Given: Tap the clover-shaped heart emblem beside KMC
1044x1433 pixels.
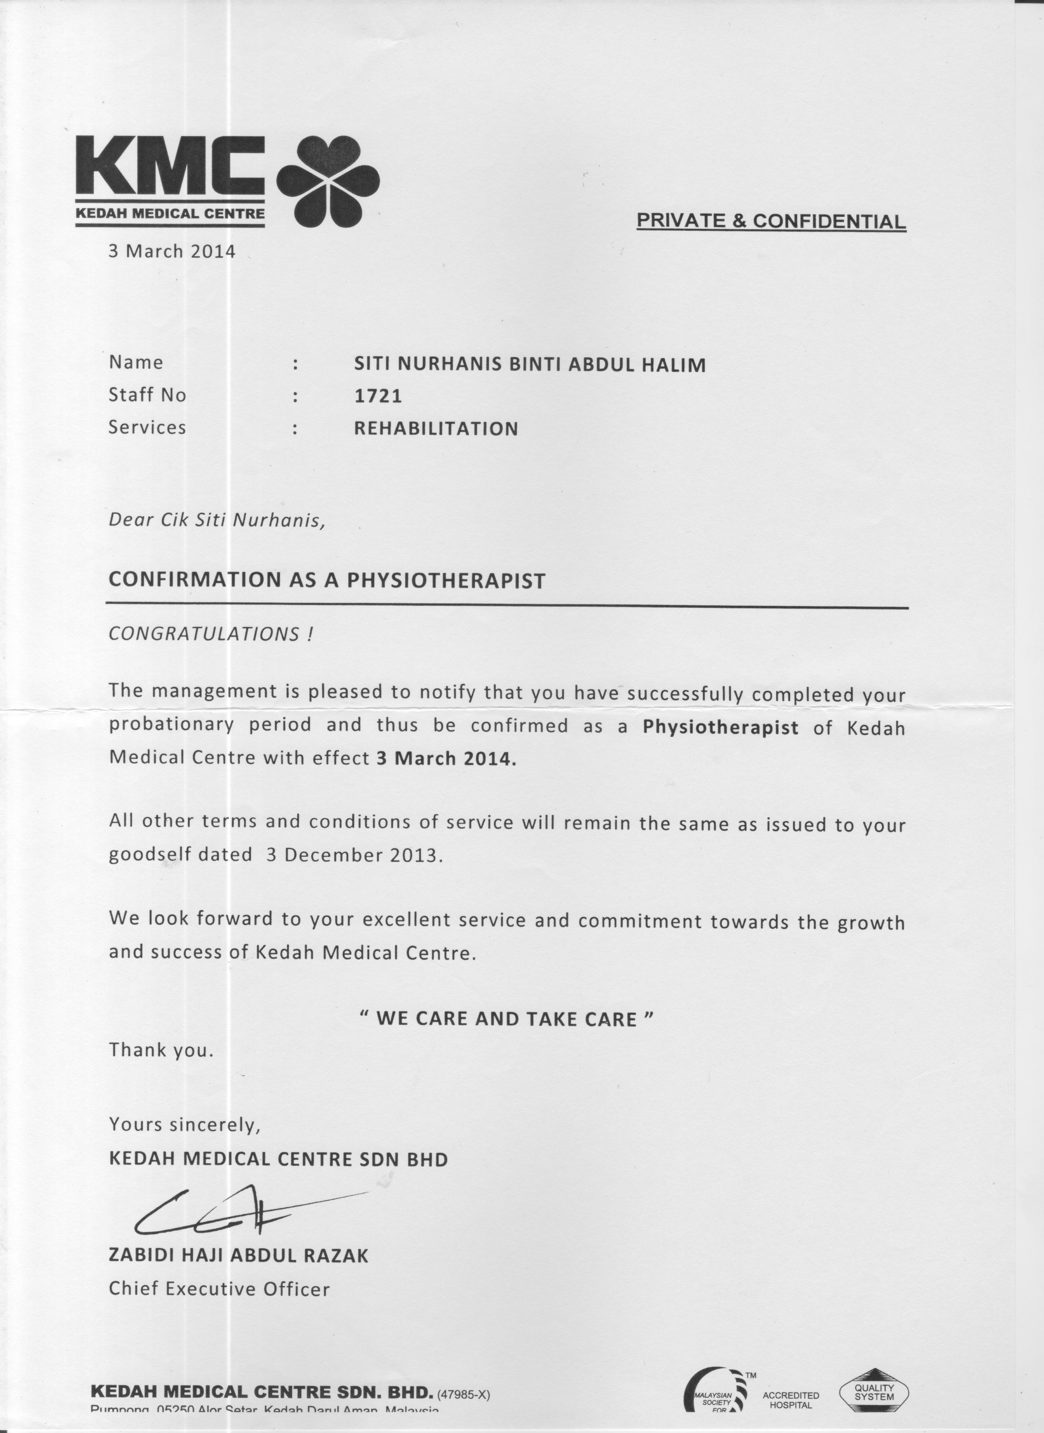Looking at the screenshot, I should tap(328, 181).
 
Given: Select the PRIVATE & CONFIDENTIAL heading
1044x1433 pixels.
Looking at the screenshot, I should tap(771, 221).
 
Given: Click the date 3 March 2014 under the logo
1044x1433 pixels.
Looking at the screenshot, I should tap(171, 251).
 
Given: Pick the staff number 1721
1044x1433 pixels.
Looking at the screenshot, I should tap(377, 396).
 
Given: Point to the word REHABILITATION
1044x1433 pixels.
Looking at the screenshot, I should tap(436, 429).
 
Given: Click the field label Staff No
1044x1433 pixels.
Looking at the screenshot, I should tap(147, 395).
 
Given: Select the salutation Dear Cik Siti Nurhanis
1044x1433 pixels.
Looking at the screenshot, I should tap(217, 520).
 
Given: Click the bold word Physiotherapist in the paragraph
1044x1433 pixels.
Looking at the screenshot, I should tap(721, 727).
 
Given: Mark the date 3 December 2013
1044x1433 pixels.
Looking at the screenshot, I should tap(351, 855).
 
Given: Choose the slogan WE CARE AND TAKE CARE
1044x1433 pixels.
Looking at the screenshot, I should tap(506, 1018).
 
